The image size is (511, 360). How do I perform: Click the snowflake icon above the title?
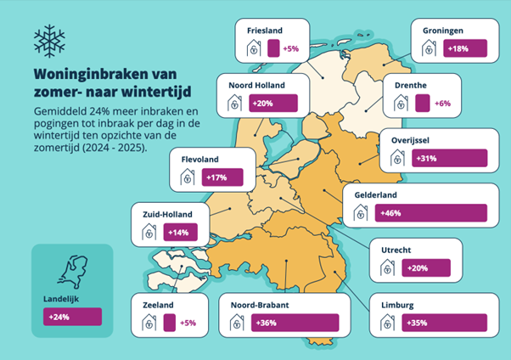click(x=49, y=40)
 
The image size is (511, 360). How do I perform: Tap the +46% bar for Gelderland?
click(x=418, y=212)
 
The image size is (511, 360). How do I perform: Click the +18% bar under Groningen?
click(x=467, y=49)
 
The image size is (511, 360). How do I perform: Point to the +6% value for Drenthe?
click(x=441, y=104)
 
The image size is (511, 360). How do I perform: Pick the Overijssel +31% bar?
click(x=449, y=158)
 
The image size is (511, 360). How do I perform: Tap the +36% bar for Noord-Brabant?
click(x=294, y=323)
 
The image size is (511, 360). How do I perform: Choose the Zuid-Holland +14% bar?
click(x=181, y=231)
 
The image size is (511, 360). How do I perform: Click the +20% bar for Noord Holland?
click(x=272, y=104)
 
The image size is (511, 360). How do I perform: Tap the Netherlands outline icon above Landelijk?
click(x=70, y=271)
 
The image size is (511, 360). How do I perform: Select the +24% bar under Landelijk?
click(x=72, y=317)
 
